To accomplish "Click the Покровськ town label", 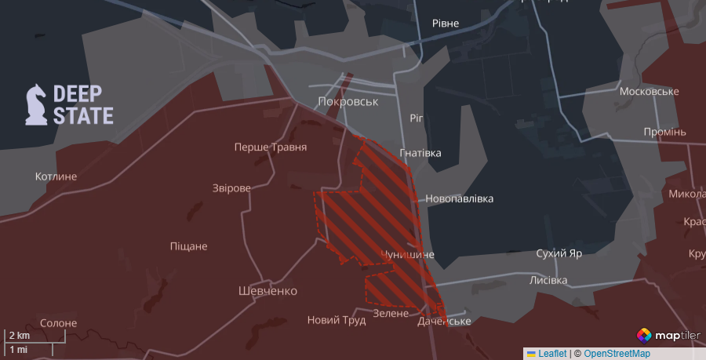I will [348, 102].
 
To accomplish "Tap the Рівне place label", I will [450, 24].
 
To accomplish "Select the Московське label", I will [649, 92].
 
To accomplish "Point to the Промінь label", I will [664, 131].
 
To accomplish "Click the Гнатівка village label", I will [420, 153].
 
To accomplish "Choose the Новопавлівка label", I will [460, 198].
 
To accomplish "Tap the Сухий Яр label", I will [559, 254].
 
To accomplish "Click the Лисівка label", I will [548, 280].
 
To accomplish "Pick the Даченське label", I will [444, 321].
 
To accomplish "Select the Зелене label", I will [391, 313].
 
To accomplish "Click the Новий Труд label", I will [335, 319].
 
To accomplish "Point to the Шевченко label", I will [267, 291].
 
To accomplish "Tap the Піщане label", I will [188, 246].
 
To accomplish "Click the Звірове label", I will [231, 188].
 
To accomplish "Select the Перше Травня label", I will [271, 147].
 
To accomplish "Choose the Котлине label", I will [56, 176].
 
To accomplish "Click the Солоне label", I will [58, 323].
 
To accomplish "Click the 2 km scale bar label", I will [19, 336].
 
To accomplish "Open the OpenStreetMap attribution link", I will [617, 354].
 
